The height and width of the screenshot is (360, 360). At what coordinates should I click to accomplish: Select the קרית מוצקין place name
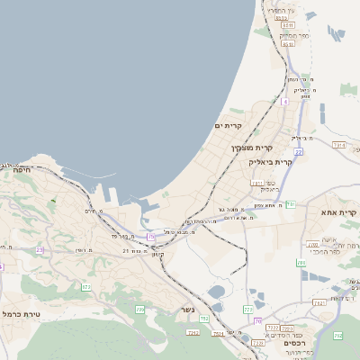pyautogui.click(x=251, y=147)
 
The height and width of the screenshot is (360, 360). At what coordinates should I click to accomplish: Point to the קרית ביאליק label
pyautogui.click(x=270, y=162)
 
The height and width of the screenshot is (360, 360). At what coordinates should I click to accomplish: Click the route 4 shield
pyautogui.click(x=285, y=102)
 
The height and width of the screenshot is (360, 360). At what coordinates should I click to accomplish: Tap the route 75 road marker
pyautogui.click(x=151, y=236)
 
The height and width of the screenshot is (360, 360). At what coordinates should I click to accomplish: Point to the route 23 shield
pyautogui.click(x=40, y=249)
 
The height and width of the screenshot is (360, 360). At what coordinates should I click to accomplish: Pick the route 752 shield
pyautogui.click(x=205, y=319)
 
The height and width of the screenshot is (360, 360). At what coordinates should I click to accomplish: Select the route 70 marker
pyautogui.click(x=257, y=321)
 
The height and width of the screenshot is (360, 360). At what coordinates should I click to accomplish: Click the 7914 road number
pyautogui.click(x=339, y=144)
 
